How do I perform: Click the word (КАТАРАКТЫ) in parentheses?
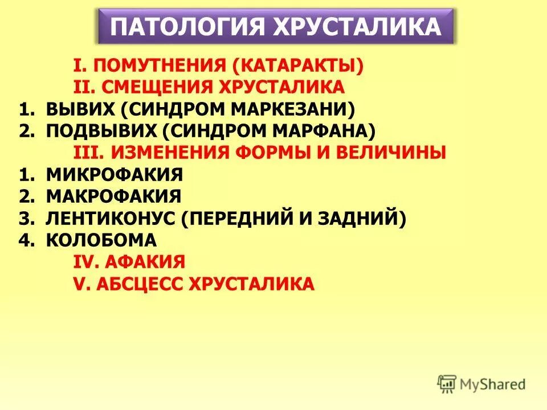[x=297, y=65]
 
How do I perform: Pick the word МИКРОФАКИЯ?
[x=114, y=174]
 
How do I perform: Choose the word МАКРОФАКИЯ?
[x=113, y=196]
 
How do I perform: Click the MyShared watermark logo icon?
[x=447, y=383]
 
